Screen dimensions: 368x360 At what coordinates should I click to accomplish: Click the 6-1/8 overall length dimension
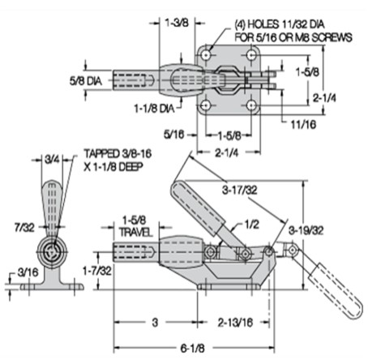point(193,348)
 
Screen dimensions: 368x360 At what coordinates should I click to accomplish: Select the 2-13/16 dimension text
point(235,323)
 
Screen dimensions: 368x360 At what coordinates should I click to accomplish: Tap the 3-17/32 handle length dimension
point(240,190)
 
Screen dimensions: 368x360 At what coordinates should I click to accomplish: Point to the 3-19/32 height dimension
point(306,230)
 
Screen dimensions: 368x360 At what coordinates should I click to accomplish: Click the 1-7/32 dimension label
point(97,271)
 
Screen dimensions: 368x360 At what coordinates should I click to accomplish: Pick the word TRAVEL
point(136,232)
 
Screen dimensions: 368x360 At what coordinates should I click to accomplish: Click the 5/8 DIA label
point(86,80)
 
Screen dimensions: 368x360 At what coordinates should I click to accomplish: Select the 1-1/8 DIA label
point(154,109)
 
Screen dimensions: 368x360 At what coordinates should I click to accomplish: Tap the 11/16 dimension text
point(303,124)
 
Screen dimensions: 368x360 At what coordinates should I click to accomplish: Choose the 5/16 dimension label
point(174,135)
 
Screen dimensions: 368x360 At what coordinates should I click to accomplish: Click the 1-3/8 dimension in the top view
point(177,23)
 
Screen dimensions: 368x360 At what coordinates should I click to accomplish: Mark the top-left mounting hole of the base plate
point(207,55)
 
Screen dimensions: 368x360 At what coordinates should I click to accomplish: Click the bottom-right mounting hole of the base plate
point(252,105)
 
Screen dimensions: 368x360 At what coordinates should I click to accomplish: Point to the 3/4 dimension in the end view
point(52,160)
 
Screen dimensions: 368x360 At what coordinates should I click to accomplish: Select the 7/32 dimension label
point(24,227)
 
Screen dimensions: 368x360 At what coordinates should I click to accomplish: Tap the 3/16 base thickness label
point(28,272)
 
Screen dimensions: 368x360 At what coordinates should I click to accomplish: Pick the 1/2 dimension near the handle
point(252,224)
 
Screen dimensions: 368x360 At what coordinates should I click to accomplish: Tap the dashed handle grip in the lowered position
point(335,291)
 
